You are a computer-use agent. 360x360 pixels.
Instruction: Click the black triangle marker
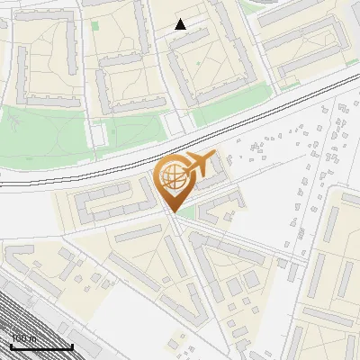pyautogui.click(x=181, y=24)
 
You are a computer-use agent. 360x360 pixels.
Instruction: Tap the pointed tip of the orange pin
pyautogui.click(x=175, y=211)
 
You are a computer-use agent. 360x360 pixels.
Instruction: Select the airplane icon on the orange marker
pyautogui.click(x=197, y=165)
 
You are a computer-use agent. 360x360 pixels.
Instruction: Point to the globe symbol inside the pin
pyautogui.click(x=172, y=178)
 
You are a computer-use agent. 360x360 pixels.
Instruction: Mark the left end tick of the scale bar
pyautogui.click(x=11, y=346)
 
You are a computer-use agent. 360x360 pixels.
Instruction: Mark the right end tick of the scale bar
pyautogui.click(x=72, y=346)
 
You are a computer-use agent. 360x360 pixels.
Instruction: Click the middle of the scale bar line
pyautogui.click(x=41, y=347)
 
